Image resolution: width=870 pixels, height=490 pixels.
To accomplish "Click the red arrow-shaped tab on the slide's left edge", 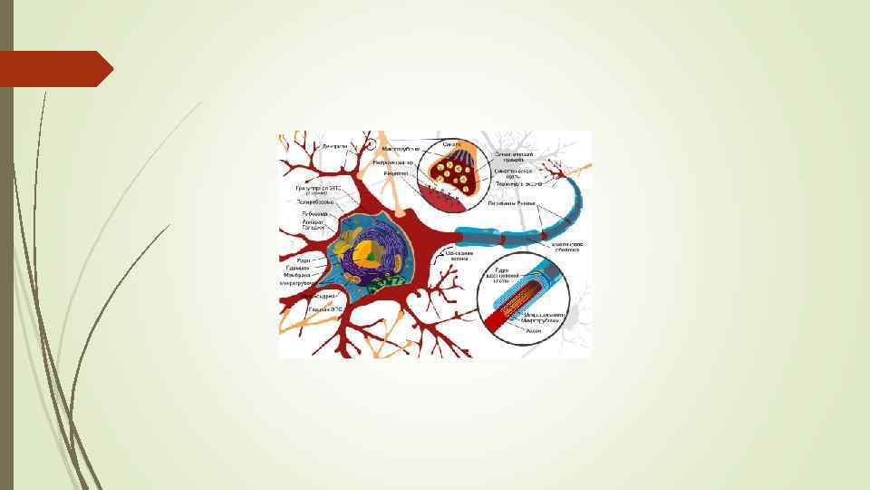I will point(54,69).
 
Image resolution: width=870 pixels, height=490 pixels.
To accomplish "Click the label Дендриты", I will point(335,145).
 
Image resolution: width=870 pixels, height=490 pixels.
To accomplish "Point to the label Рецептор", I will point(395,172).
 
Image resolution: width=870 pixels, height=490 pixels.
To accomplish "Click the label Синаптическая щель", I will point(513,171).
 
